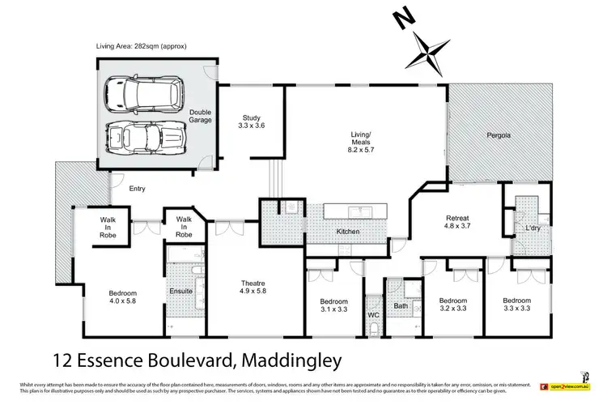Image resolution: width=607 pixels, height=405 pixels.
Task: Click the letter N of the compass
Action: [399, 17]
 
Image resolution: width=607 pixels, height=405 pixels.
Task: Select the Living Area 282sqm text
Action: [141, 46]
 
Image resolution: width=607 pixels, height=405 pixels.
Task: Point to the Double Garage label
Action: [200, 117]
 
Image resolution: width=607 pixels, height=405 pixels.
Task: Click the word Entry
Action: [137, 189]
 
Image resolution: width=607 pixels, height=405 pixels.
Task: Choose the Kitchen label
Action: [347, 232]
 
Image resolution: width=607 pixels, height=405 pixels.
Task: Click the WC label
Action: [373, 313]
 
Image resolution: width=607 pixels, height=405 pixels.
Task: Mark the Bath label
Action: [401, 307]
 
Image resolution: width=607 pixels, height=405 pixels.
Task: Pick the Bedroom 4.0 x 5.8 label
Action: [123, 297]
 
